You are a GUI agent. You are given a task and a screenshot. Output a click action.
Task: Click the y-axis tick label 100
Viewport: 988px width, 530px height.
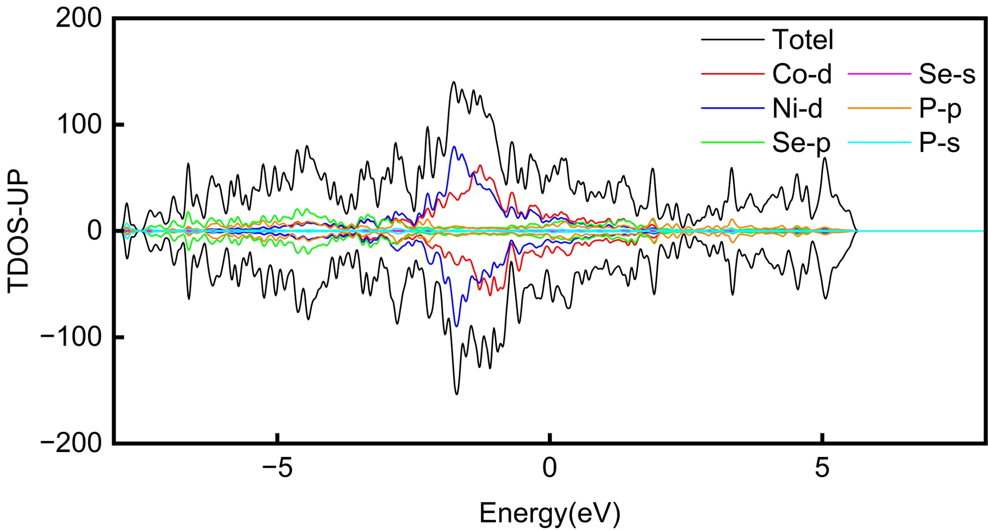tap(79, 124)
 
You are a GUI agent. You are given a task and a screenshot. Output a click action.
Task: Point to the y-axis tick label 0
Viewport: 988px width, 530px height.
tap(94, 231)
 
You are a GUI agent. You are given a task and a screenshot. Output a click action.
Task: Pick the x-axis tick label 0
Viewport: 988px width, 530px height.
tap(550, 468)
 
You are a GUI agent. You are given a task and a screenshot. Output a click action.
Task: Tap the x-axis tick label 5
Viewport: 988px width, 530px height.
tap(822, 468)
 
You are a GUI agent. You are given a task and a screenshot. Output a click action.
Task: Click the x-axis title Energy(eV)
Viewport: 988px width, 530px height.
tap(549, 513)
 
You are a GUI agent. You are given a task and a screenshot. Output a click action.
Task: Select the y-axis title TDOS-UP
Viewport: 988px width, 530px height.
tap(19, 231)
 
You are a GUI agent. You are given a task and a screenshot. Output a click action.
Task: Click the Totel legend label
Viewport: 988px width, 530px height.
tap(803, 40)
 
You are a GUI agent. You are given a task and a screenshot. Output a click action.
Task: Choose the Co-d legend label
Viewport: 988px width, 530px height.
tap(802, 75)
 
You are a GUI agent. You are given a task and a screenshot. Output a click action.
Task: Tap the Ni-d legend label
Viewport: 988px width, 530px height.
tap(797, 109)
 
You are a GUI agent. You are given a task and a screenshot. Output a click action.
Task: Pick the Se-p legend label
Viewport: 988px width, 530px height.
tap(801, 143)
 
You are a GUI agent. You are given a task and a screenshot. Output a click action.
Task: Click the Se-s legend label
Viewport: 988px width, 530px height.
tap(947, 75)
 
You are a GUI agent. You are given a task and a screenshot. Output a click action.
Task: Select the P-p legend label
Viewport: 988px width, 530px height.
tap(940, 109)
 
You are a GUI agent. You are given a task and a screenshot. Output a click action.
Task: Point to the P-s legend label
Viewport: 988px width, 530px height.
tap(939, 143)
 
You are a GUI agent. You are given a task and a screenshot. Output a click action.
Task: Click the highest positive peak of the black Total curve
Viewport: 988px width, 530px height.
tap(453, 82)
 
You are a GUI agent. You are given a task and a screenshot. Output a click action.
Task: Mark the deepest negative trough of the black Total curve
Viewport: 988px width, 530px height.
tap(456, 394)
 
